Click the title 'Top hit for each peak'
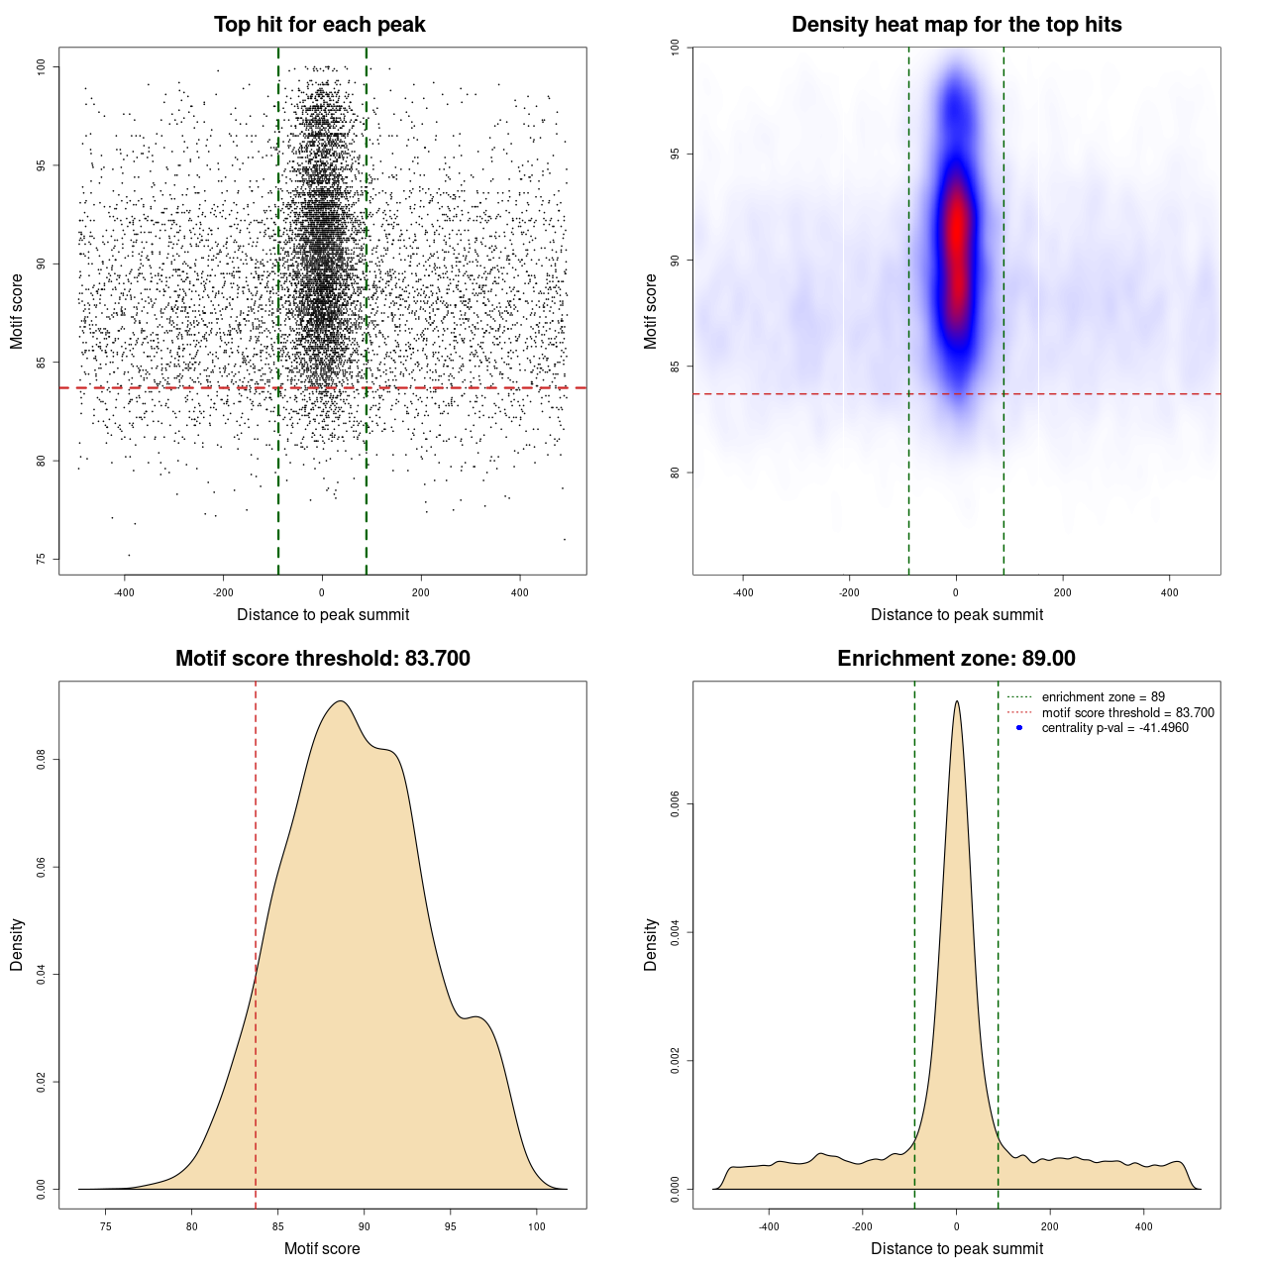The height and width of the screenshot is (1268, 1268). click(x=320, y=25)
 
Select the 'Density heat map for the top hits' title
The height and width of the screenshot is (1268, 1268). click(x=956, y=25)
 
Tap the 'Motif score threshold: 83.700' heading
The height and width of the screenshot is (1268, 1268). click(x=322, y=659)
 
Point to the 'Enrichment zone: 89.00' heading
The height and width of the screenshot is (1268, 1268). click(x=956, y=659)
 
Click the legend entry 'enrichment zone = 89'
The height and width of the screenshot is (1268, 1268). click(x=1103, y=697)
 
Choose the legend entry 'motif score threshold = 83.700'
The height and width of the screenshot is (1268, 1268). click(x=1127, y=713)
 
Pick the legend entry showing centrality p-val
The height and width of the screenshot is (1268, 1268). click(x=1114, y=728)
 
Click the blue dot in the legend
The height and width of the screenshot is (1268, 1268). click(x=1019, y=728)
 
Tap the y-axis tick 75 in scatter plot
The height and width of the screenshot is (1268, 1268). click(x=41, y=559)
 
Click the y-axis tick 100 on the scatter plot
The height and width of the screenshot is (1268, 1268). click(x=41, y=66)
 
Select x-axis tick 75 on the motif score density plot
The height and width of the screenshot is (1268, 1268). click(x=106, y=1226)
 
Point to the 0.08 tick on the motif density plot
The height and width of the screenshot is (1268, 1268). click(x=41, y=760)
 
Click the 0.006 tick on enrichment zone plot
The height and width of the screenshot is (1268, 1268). click(x=675, y=804)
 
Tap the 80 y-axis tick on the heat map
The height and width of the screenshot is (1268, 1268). click(x=675, y=473)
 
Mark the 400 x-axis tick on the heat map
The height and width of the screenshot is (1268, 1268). click(x=1170, y=592)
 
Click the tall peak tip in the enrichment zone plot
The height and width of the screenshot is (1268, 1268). click(x=956, y=701)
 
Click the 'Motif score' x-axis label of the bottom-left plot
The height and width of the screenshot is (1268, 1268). click(x=322, y=1249)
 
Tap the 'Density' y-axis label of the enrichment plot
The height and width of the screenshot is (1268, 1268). click(x=651, y=944)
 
